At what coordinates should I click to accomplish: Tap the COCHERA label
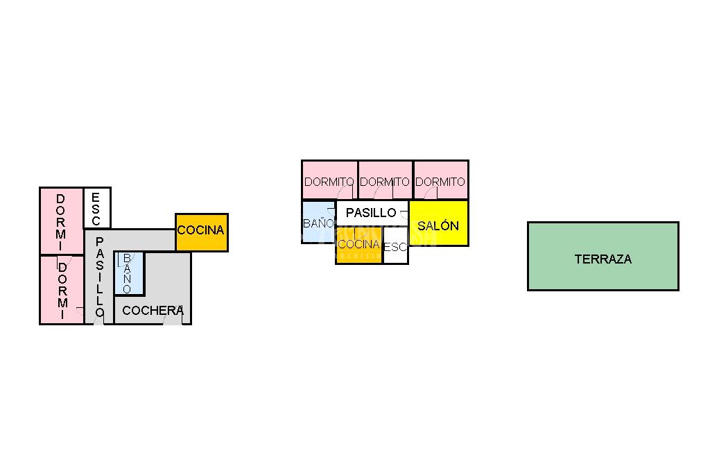(152, 311)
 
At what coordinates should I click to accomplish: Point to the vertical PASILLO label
(99, 277)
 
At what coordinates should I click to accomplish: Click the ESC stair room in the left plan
(96, 207)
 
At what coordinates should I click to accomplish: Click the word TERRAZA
(603, 259)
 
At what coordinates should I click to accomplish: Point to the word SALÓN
(438, 226)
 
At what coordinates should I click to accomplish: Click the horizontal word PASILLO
(371, 213)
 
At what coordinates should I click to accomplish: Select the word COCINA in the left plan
(201, 230)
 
